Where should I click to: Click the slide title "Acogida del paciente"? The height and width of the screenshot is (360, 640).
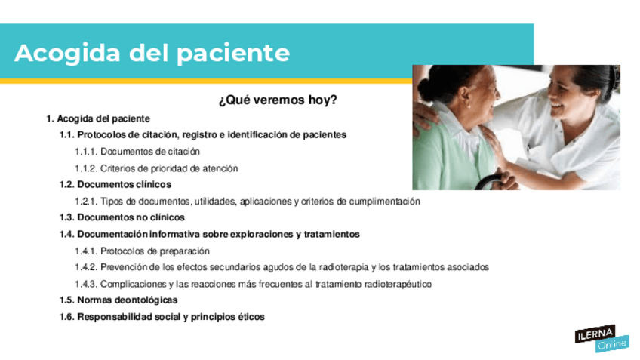pos(152,54)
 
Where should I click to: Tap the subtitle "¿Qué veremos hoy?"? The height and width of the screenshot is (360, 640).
pos(278,100)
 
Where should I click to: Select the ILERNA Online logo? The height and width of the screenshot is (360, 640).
pos(602,338)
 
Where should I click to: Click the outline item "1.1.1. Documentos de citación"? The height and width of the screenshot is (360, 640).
pos(137,152)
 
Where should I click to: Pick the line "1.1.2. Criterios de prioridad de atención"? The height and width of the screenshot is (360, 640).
pos(156,168)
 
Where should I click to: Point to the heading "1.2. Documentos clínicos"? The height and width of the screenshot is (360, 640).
pos(115,184)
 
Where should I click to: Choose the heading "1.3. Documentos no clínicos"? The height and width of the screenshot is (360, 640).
pos(122,217)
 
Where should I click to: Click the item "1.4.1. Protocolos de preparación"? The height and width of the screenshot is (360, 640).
pos(142,251)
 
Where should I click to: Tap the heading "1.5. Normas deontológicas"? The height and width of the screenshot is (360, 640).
pos(118,300)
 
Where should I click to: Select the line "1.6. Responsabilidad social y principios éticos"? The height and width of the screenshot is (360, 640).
pos(162,317)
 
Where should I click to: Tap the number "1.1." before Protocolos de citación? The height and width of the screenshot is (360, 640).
pos(67,134)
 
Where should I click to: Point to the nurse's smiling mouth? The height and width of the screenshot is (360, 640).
pos(557,106)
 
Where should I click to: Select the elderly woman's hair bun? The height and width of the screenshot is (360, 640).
pos(426,86)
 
